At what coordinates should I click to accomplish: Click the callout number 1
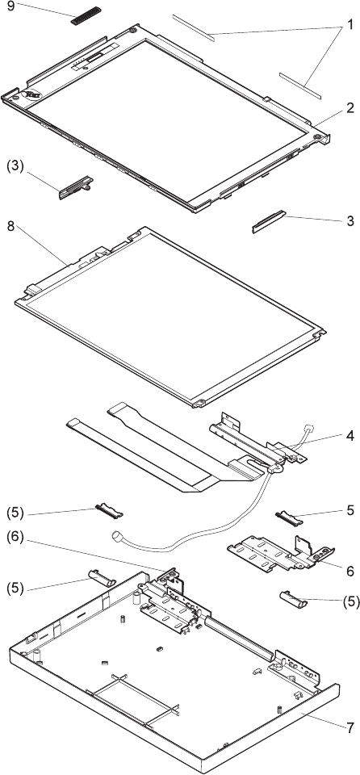pyautogui.click(x=350, y=23)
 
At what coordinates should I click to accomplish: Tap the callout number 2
pyautogui.click(x=350, y=108)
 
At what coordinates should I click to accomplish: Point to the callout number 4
pyautogui.click(x=350, y=437)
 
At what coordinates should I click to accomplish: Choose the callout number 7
pyautogui.click(x=350, y=727)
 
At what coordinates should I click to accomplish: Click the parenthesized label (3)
pyautogui.click(x=15, y=166)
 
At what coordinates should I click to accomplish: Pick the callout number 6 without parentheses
pyautogui.click(x=350, y=571)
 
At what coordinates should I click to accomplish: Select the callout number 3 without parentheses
pyautogui.click(x=350, y=221)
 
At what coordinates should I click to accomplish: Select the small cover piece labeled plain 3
pyautogui.click(x=269, y=221)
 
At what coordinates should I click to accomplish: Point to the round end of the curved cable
pyautogui.click(x=117, y=535)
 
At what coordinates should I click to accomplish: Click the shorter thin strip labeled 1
pyautogui.click(x=300, y=84)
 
